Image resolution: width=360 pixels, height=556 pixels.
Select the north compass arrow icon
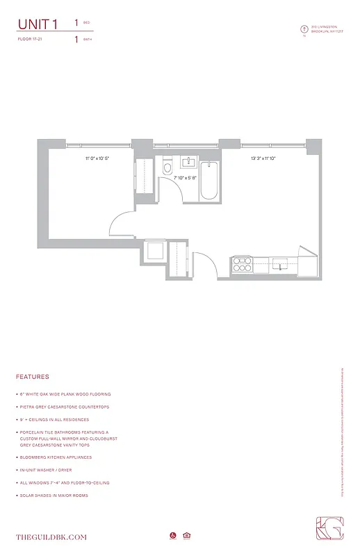tap(303, 29)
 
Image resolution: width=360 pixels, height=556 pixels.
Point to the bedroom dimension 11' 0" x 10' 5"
tap(97, 159)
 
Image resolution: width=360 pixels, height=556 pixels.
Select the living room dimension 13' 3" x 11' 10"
tap(264, 159)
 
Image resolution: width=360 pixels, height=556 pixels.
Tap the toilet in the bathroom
tap(167, 169)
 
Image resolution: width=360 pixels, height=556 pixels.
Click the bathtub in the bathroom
tap(209, 180)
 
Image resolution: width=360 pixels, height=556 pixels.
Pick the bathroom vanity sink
tap(188, 163)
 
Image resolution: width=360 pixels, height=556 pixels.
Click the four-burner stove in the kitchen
tap(242, 264)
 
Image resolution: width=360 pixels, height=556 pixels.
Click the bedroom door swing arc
tap(120, 222)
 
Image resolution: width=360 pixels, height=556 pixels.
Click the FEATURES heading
tap(33, 377)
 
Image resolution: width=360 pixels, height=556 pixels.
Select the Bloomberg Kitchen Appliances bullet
tap(55, 457)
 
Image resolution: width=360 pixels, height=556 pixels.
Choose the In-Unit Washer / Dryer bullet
tap(47, 470)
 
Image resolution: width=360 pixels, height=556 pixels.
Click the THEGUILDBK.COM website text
tap(51, 537)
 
